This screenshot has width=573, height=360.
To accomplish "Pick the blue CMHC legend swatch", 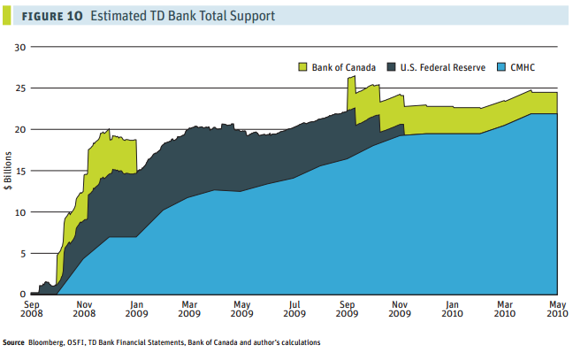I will pos(502,66).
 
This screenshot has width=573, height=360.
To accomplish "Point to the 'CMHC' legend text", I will pos(527,66).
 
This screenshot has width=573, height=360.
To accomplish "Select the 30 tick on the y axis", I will pos(21,47).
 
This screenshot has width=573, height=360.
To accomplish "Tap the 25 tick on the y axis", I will pos(21,88).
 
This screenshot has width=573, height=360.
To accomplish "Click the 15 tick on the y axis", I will pos(21,171).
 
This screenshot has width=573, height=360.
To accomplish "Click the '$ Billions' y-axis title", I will pos(9,170).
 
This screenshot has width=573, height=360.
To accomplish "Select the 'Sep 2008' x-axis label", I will pos(32,309).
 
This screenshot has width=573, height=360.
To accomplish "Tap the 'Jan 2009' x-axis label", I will pos(136,309).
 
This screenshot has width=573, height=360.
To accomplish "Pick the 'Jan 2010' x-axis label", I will pos(452,309).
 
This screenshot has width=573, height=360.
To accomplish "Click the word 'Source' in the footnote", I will pos(14,342).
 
